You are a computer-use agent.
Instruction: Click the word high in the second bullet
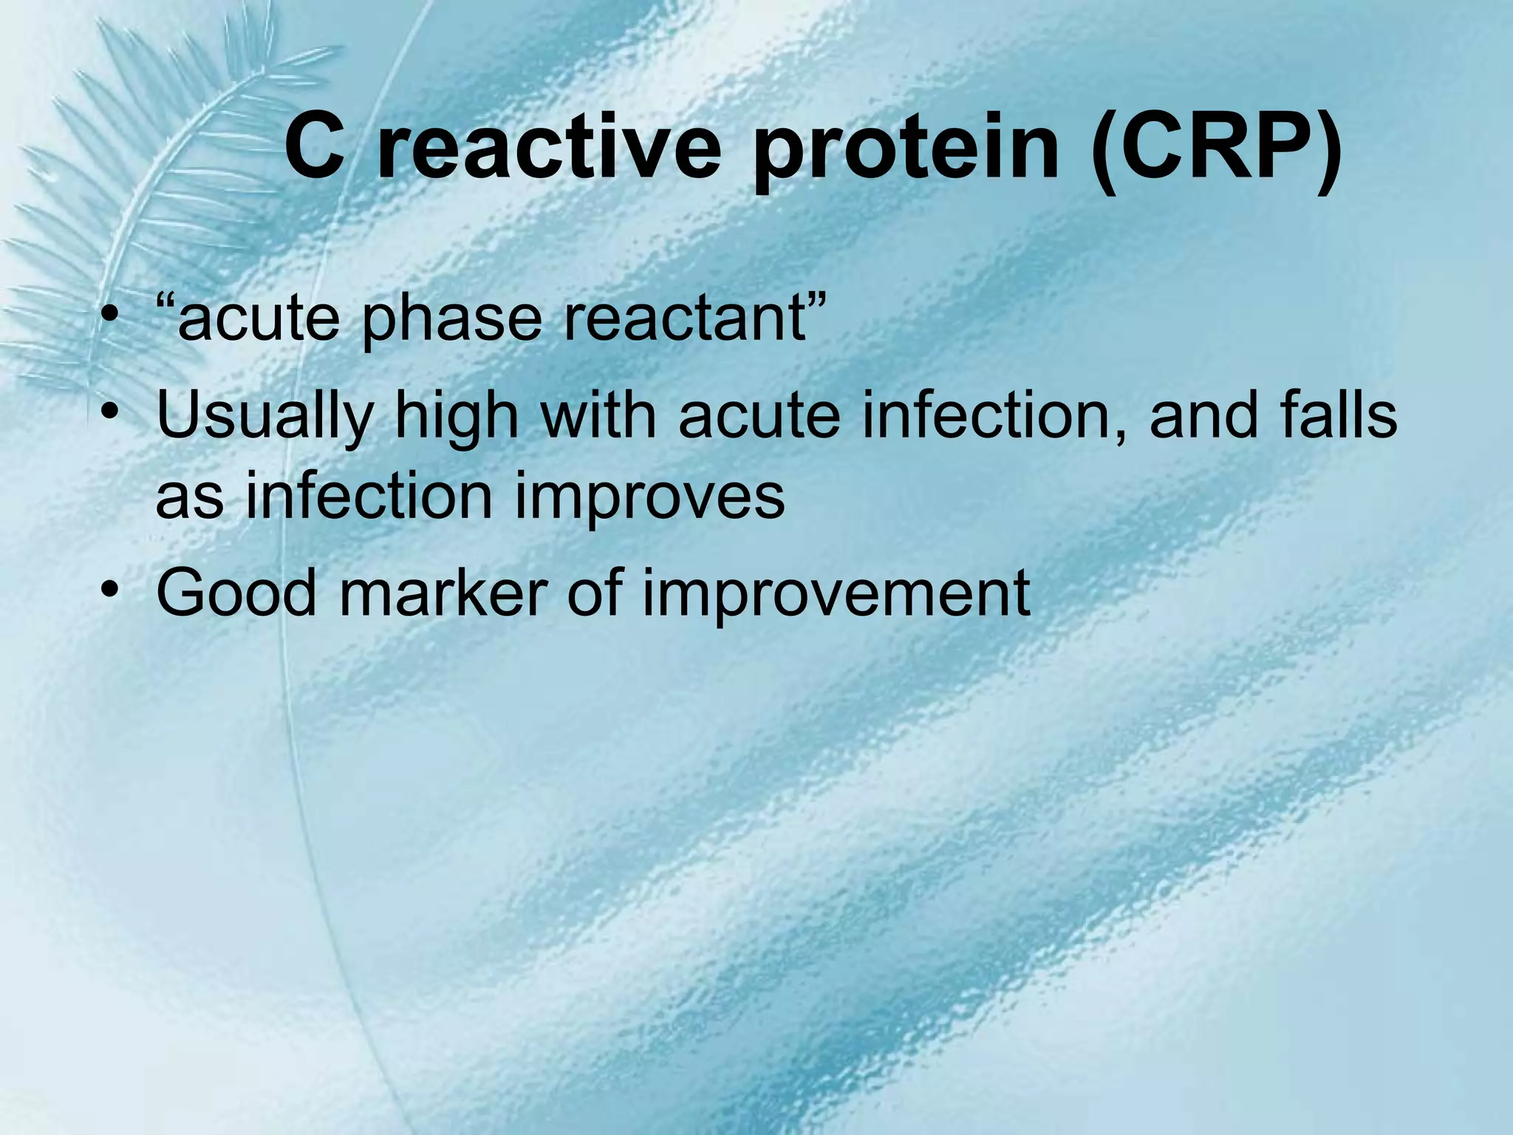click(x=456, y=417)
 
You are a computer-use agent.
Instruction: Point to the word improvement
click(x=836, y=596)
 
